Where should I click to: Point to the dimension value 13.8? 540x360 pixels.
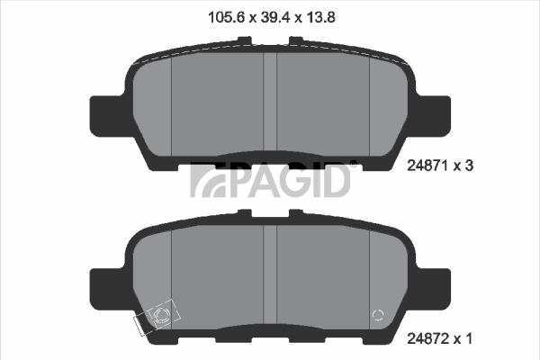click(x=321, y=17)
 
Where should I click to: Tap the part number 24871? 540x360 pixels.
click(x=428, y=166)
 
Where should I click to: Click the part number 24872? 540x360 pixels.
click(x=428, y=338)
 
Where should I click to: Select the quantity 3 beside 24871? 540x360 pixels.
click(x=469, y=166)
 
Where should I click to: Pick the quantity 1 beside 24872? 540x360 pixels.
click(x=468, y=338)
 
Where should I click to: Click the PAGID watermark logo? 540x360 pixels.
click(x=270, y=179)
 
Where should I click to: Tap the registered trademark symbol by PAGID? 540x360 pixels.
click(x=354, y=163)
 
